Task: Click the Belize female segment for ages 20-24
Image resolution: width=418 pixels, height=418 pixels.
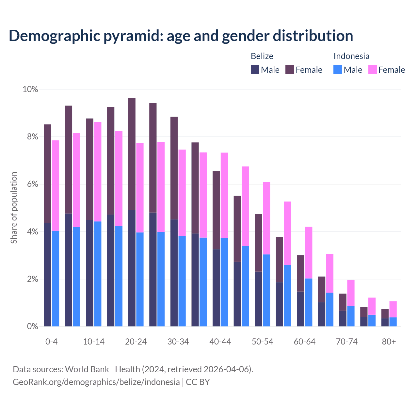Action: click(x=132, y=154)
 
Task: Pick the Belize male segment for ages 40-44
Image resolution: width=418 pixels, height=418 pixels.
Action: click(x=216, y=288)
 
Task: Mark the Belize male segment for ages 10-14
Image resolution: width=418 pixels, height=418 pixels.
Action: click(x=89, y=273)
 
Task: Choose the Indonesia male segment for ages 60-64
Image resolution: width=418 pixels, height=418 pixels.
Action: click(x=309, y=302)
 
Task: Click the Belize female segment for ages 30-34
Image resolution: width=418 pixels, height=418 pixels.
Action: click(x=174, y=168)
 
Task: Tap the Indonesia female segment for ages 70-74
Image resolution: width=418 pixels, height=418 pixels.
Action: click(x=351, y=293)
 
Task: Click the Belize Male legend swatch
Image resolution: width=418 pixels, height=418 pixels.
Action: click(x=255, y=70)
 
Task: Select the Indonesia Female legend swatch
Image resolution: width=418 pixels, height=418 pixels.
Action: click(x=373, y=70)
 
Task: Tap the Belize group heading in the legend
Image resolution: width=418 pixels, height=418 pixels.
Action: click(x=262, y=56)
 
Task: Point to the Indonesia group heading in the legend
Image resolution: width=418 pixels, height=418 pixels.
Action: click(x=351, y=56)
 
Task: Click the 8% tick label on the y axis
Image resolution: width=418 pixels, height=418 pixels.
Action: click(x=30, y=137)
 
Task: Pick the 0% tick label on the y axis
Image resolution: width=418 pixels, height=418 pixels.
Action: click(x=30, y=327)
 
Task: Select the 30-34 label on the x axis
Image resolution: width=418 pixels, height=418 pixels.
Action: click(x=178, y=342)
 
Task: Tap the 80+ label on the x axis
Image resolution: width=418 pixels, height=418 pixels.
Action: click(x=389, y=342)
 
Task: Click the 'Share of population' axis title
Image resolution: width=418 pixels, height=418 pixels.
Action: click(x=14, y=208)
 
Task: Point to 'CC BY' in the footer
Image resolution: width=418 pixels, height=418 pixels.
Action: click(x=198, y=382)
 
